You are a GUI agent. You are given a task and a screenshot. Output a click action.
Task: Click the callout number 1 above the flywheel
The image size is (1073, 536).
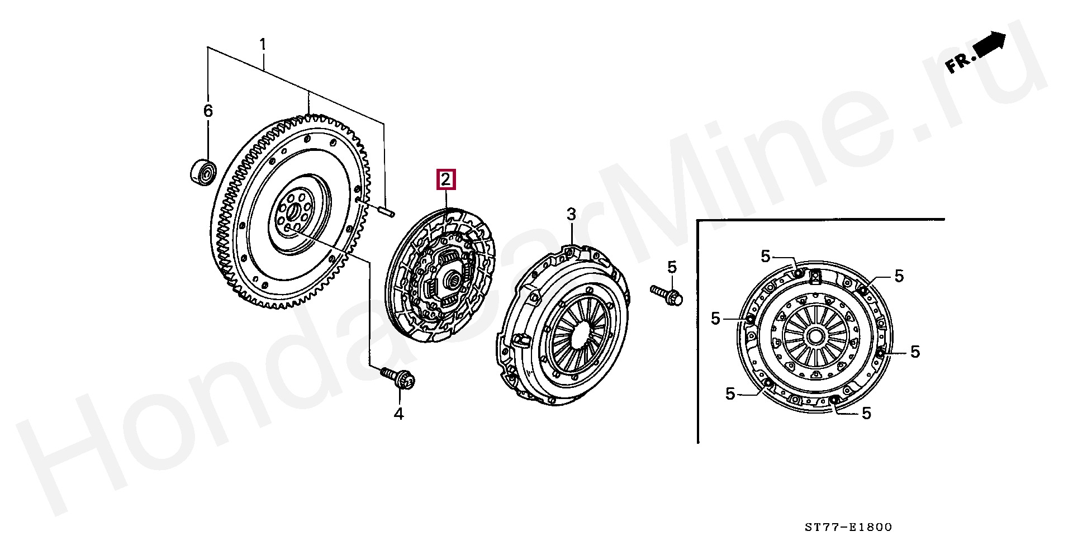(263, 44)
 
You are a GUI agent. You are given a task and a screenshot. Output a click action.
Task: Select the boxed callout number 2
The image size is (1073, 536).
(445, 179)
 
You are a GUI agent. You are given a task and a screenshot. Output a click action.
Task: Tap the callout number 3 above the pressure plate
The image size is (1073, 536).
(571, 214)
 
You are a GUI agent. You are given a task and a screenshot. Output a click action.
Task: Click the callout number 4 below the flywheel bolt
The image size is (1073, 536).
(398, 414)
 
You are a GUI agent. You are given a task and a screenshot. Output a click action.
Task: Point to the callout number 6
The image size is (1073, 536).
(207, 111)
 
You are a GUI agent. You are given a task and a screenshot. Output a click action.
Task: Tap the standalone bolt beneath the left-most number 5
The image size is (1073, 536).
(668, 294)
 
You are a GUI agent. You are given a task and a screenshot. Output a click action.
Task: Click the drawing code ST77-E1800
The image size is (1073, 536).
(848, 526)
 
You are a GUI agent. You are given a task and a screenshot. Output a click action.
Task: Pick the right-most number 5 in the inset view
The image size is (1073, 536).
(914, 352)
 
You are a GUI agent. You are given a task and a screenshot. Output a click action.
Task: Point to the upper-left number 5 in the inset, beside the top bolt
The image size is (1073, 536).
(765, 256)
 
